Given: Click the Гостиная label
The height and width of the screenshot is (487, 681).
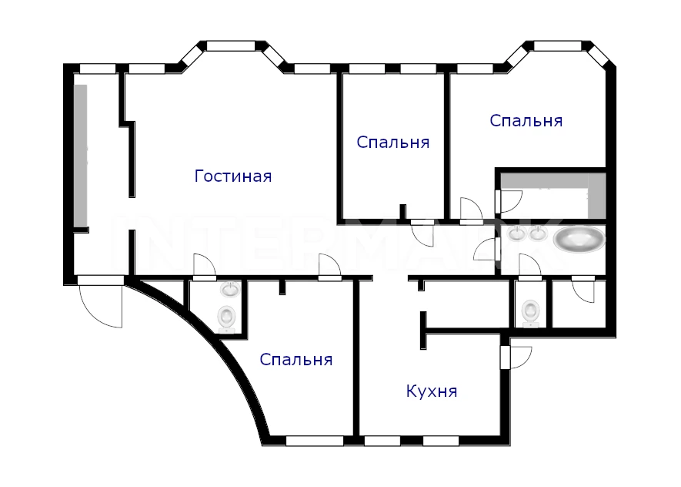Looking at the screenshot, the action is pos(233,176).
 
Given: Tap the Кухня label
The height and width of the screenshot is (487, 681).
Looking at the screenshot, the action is pos(432,391).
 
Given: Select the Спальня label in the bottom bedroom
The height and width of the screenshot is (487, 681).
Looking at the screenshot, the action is pos(296,360).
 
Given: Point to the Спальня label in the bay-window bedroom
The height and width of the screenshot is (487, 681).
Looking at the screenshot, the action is pos(526,120).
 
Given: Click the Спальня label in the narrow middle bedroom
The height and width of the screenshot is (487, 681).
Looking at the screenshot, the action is pos(393,143).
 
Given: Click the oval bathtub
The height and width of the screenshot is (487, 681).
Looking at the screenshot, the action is pos(579,239).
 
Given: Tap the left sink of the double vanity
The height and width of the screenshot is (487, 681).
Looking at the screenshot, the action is pos(517,233).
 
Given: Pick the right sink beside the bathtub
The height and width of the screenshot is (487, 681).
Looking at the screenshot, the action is pos(538,233).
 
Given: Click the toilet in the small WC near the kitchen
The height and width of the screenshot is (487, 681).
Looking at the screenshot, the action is pos(530,313).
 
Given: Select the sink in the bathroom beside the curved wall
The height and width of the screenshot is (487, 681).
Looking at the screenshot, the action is pos(229,289).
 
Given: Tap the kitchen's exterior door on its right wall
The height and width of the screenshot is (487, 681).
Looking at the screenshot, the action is pos(516,357).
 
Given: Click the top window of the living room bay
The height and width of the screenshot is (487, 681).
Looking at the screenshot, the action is pos(231,46).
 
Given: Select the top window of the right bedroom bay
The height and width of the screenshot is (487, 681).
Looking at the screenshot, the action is pos(558,46).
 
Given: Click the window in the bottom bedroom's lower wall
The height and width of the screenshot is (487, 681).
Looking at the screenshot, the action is pos(315,441).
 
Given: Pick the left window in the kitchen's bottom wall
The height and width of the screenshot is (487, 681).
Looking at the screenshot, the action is pos(382,441).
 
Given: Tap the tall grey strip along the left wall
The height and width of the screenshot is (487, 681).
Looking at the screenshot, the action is pos(81,155).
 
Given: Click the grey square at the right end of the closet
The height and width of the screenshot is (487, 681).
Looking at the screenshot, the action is pos(597,196).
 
